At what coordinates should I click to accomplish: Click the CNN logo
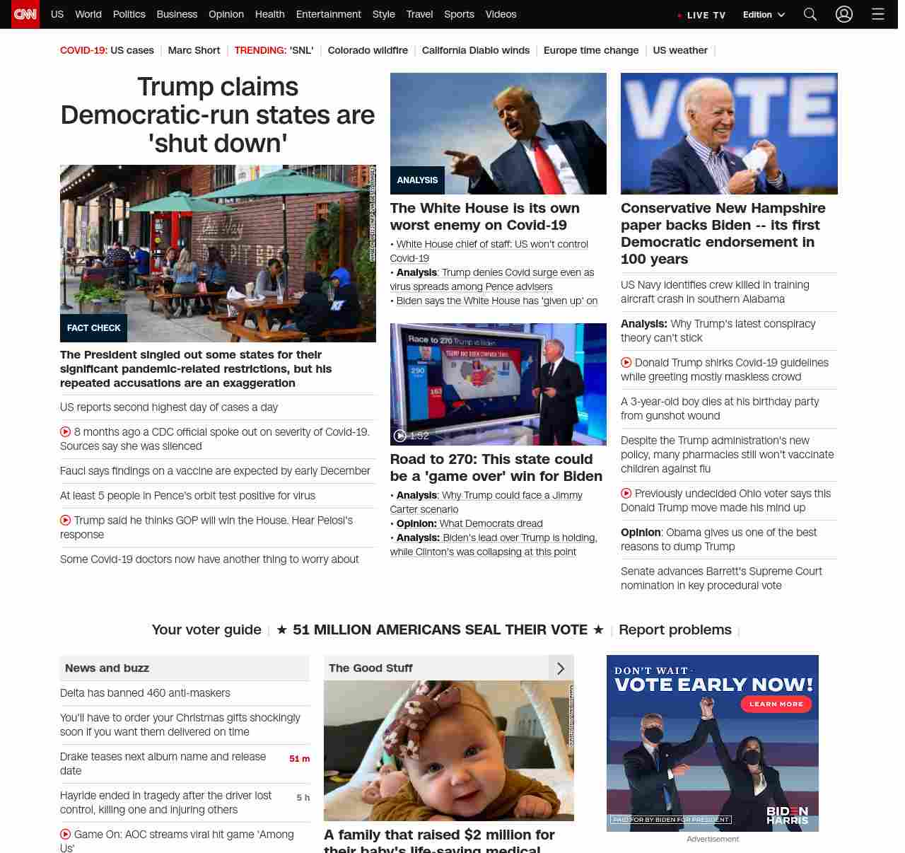[x=25, y=14]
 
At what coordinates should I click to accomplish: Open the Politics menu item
[x=129, y=14]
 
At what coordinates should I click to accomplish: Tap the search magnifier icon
[x=810, y=14]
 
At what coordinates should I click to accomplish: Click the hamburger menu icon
[x=878, y=14]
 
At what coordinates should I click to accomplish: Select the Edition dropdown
[x=764, y=15]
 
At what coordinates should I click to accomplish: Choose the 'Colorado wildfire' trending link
[x=368, y=50]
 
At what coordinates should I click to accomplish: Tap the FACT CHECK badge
[x=93, y=328]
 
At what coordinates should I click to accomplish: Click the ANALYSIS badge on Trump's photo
[x=417, y=180]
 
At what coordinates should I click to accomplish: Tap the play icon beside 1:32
[x=400, y=436]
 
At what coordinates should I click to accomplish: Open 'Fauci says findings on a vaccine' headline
[x=215, y=471]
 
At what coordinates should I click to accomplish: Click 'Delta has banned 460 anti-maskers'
[x=145, y=693]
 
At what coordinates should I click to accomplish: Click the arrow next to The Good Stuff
[x=561, y=668]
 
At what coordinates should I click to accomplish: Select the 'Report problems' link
[x=675, y=629]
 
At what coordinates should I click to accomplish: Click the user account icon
[x=844, y=14]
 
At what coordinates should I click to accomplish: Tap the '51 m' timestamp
[x=299, y=759]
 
